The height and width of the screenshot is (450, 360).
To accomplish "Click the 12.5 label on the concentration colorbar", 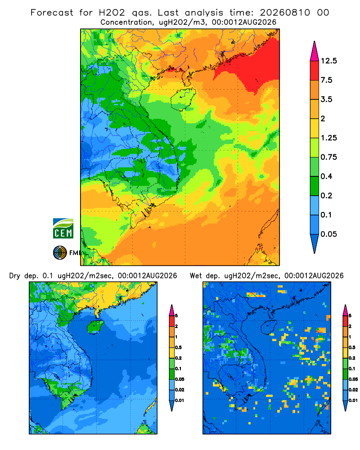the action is click(328, 61).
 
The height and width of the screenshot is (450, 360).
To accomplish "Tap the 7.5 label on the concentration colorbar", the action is click(326, 80).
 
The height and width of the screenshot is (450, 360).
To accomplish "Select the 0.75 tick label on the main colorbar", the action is click(328, 157).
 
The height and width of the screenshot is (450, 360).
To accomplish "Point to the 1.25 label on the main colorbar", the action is click(328, 138).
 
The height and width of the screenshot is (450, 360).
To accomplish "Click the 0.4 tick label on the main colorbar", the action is click(326, 176).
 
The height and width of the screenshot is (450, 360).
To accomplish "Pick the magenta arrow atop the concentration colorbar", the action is click(315, 51).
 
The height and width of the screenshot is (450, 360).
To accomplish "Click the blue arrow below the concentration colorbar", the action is click(315, 243).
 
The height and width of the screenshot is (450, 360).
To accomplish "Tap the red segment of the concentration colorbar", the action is click(315, 71).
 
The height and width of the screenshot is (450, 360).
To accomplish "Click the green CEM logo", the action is click(63, 228).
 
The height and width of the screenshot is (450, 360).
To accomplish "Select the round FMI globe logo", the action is click(60, 252).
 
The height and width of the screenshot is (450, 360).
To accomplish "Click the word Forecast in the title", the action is click(52, 13).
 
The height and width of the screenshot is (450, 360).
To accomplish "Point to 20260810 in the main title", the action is click(285, 13).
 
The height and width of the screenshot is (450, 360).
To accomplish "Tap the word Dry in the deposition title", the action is click(15, 276).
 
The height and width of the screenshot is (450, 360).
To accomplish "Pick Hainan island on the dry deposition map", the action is click(95, 327).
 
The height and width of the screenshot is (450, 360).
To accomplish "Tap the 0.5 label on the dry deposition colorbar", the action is click(178, 347).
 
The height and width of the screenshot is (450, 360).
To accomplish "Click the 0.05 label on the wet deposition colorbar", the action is click(353, 379).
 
